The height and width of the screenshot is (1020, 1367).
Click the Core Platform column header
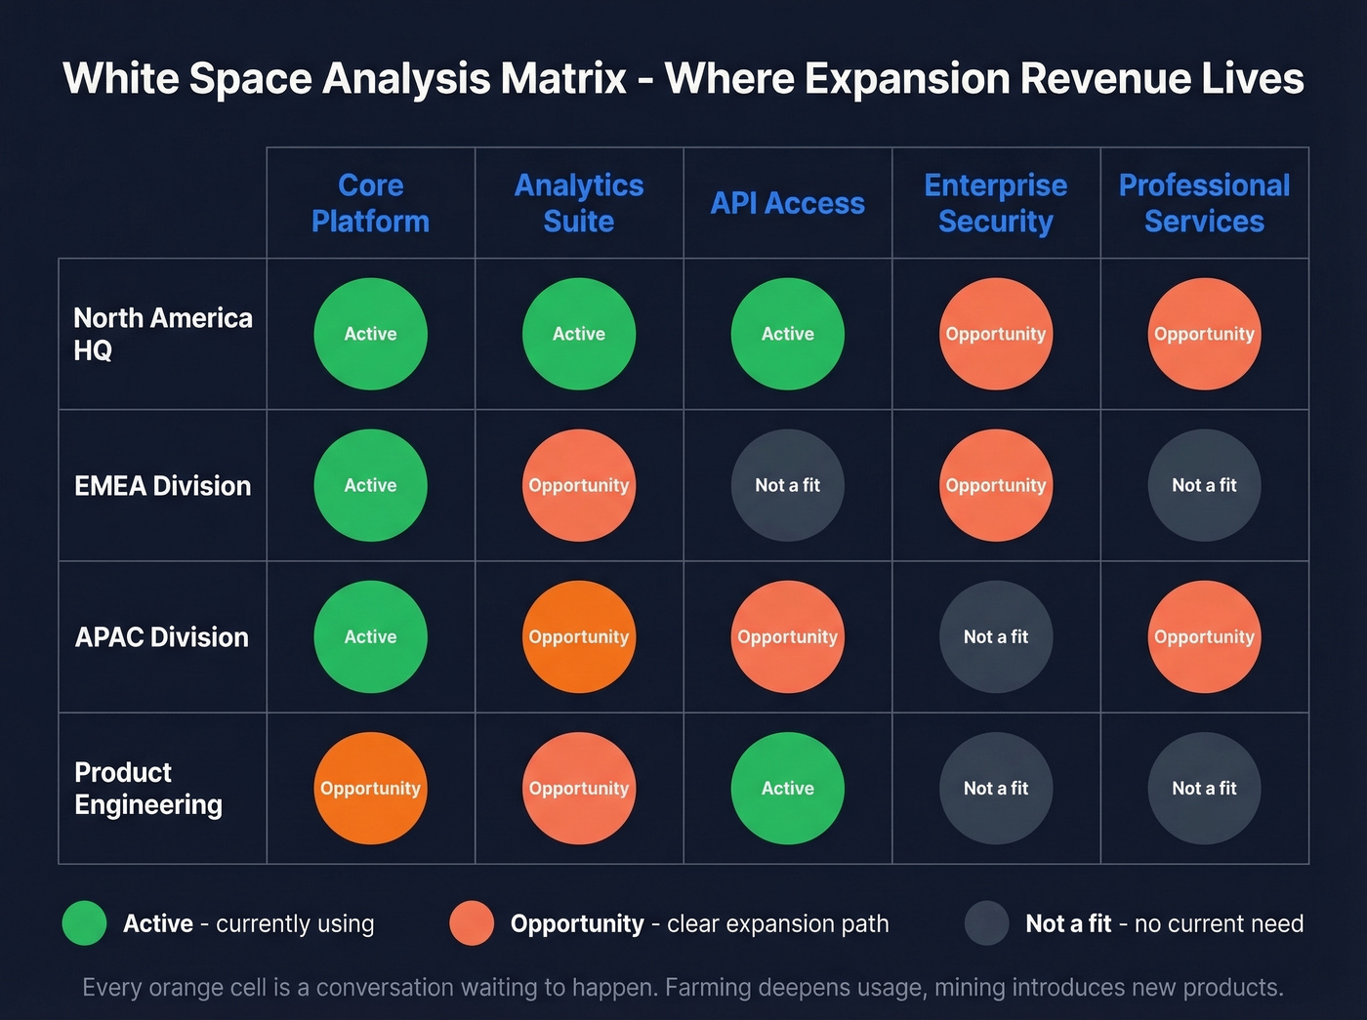click(370, 203)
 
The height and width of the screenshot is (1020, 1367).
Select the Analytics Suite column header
click(579, 203)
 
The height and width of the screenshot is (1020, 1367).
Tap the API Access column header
click(787, 203)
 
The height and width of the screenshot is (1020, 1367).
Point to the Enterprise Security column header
click(996, 203)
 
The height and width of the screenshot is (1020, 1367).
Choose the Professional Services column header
click(1204, 203)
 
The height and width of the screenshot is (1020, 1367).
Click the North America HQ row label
click(162, 334)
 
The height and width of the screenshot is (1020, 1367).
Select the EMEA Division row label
click(162, 485)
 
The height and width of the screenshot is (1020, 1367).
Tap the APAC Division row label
click(162, 636)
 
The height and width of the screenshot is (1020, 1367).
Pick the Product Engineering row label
click(148, 788)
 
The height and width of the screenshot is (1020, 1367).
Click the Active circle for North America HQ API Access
click(787, 334)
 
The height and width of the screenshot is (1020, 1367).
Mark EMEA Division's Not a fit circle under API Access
click(787, 485)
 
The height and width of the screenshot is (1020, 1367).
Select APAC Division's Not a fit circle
click(996, 636)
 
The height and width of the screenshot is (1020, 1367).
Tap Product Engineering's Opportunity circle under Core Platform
click(370, 788)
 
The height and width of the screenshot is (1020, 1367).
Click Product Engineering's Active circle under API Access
click(787, 788)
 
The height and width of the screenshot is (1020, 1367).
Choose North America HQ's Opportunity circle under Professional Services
click(1204, 334)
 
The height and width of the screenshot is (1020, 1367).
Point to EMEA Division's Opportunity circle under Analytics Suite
click(579, 485)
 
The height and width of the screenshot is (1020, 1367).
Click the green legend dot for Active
click(84, 923)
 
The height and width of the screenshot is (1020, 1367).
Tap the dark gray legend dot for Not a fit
click(986, 923)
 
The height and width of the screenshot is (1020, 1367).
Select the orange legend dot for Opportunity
click(472, 923)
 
